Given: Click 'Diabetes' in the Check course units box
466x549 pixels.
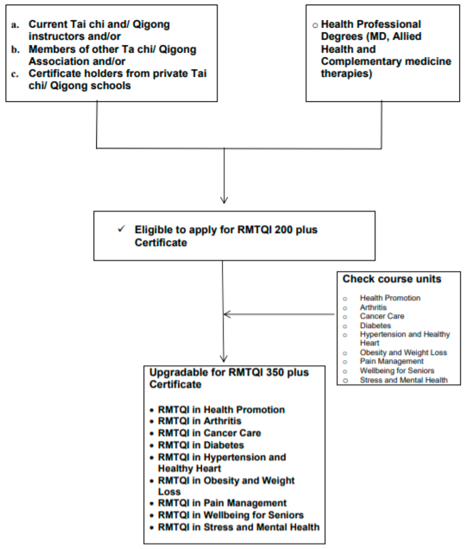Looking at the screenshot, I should point(375,325).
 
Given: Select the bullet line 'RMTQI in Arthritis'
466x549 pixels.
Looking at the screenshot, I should point(199,421).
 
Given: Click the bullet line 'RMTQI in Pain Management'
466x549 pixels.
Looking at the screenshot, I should point(222,503).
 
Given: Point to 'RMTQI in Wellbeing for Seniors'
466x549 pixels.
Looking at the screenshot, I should point(231,515).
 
